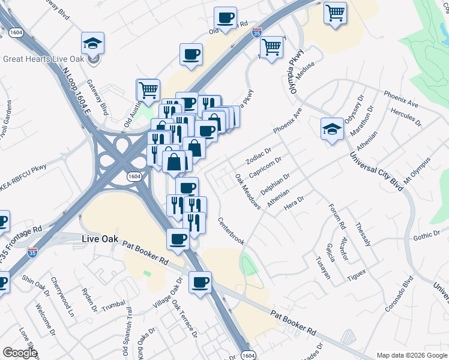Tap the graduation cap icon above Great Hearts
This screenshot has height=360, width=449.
(x=92, y=43)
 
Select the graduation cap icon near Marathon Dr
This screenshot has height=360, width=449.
(x=332, y=129)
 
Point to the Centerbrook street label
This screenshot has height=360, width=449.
(x=231, y=230)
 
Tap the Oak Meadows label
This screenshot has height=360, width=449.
(x=247, y=191)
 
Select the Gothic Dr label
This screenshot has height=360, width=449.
(x=427, y=236)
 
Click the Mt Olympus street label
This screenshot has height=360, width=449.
(x=417, y=171)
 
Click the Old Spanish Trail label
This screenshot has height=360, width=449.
(x=129, y=328)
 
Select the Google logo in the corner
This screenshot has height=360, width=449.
(x=20, y=353)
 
